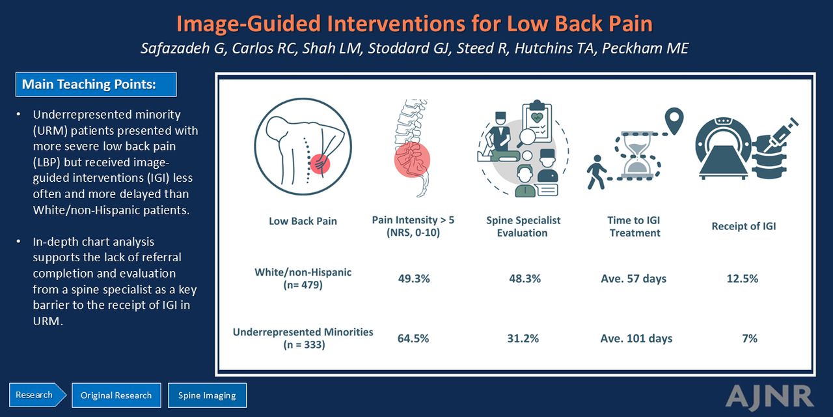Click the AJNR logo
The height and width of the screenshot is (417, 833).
click(x=769, y=396)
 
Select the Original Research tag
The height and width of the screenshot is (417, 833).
click(x=116, y=395)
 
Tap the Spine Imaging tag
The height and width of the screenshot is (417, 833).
click(x=207, y=395)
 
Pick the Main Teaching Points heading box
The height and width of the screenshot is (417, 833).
click(x=96, y=84)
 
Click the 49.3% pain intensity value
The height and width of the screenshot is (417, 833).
click(x=414, y=278)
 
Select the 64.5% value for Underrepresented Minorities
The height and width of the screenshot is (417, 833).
click(x=413, y=338)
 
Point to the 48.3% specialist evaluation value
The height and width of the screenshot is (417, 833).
click(x=525, y=278)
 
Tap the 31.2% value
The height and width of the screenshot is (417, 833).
click(x=523, y=338)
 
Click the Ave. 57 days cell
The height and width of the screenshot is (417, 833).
click(x=634, y=278)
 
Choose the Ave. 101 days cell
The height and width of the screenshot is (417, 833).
click(x=636, y=338)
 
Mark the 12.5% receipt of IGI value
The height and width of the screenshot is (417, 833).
click(x=743, y=278)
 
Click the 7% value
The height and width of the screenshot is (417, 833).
click(x=750, y=338)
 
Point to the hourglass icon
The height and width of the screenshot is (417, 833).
click(x=637, y=154)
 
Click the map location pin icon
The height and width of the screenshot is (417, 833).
click(x=674, y=121)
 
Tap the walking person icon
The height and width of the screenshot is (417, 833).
click(x=596, y=172)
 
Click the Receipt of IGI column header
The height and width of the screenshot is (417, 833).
click(x=744, y=226)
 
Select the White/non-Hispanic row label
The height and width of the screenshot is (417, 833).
click(x=303, y=278)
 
